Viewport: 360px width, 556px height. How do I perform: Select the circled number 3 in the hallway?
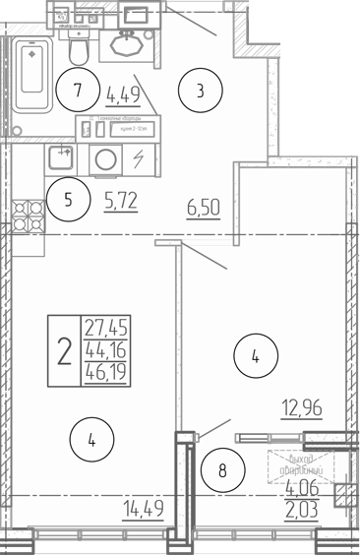[x=201, y=93]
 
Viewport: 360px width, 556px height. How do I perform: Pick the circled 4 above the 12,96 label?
[x=255, y=357]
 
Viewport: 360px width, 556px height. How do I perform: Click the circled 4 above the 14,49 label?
[x=91, y=441]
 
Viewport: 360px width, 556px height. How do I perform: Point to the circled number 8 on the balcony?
[x=223, y=470]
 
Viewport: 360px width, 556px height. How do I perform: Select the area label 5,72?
[x=120, y=202]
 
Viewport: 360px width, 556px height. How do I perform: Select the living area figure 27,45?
[x=107, y=327]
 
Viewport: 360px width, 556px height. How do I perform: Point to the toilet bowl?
[x=80, y=46]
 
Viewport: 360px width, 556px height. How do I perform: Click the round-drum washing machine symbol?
[x=103, y=158]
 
